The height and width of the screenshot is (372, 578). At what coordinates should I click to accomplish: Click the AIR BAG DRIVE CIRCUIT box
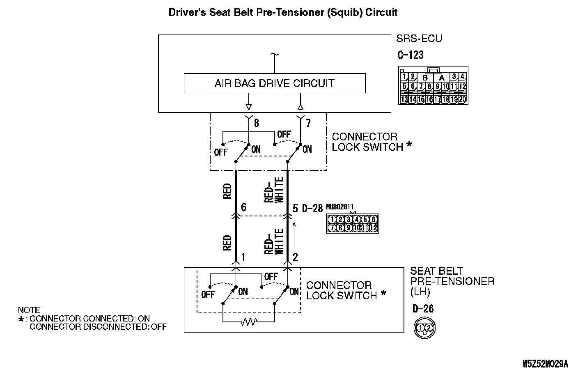pyautogui.click(x=274, y=83)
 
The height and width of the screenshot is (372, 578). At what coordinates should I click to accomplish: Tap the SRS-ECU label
pyautogui.click(x=419, y=39)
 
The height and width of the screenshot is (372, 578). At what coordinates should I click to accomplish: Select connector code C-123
pyautogui.click(x=411, y=55)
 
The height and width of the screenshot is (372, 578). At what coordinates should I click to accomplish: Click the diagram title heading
pyautogui.click(x=283, y=13)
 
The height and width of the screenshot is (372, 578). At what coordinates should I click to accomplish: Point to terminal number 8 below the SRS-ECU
pyautogui.click(x=257, y=123)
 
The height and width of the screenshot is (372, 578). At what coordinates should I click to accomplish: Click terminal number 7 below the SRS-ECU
pyautogui.click(x=308, y=123)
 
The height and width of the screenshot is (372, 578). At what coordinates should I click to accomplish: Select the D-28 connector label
pyautogui.click(x=312, y=209)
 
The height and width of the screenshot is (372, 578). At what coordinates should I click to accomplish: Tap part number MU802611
pyautogui.click(x=340, y=207)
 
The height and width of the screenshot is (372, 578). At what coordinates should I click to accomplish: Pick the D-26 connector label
pyautogui.click(x=423, y=309)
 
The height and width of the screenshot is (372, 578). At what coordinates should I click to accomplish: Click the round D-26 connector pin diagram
pyautogui.click(x=424, y=328)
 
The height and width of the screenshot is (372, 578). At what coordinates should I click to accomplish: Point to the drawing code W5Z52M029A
pyautogui.click(x=545, y=364)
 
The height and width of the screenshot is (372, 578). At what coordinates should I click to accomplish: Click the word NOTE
pyautogui.click(x=29, y=310)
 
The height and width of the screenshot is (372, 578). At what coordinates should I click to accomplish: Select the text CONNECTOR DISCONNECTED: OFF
pyautogui.click(x=98, y=327)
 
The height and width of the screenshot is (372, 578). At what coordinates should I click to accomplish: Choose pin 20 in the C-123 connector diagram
pyautogui.click(x=463, y=99)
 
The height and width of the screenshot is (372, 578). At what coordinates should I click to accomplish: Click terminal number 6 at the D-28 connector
pyautogui.click(x=243, y=208)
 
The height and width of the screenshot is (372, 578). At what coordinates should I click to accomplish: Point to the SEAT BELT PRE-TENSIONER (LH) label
pyautogui.click(x=452, y=281)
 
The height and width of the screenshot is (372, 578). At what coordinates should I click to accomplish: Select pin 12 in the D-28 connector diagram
pyautogui.click(x=374, y=227)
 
